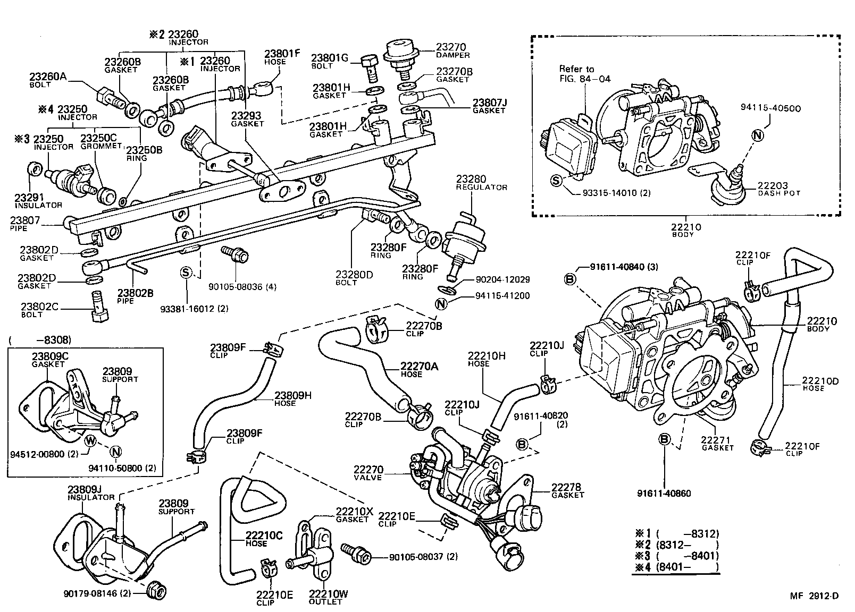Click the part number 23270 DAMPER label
click(x=452, y=50)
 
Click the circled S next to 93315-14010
click(x=556, y=180)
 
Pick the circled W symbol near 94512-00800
click(x=90, y=440)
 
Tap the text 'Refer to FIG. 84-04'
click(x=584, y=74)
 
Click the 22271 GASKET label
click(x=717, y=443)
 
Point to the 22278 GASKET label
click(x=567, y=490)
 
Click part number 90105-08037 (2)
click(x=423, y=557)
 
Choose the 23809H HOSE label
click(x=292, y=398)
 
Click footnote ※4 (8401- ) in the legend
click(x=676, y=567)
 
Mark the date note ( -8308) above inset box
click(x=39, y=339)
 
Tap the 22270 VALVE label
click(x=368, y=473)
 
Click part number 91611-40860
click(x=664, y=493)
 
